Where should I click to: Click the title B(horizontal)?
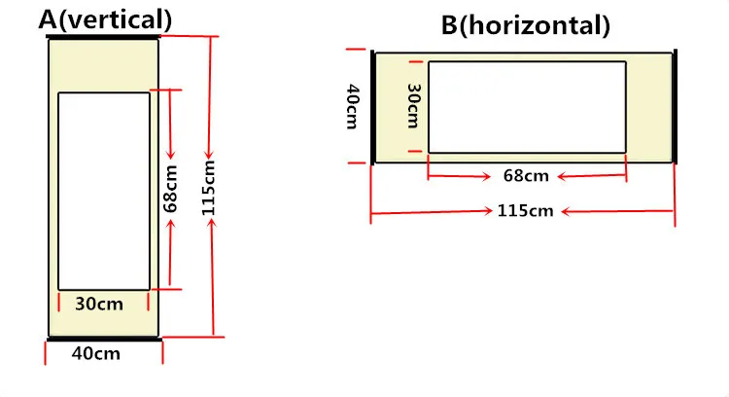526,25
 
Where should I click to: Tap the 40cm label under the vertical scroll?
96,353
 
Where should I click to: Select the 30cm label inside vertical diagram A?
99,304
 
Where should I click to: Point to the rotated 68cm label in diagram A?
171,189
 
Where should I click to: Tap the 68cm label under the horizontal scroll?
527,176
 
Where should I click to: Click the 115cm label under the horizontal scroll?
525,211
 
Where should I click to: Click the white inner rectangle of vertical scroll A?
104,191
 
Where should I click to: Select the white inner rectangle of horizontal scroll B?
527,107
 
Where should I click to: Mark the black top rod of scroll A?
103,37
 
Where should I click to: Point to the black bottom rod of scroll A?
104,338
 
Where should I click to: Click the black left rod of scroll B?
373,106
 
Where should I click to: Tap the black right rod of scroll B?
676,106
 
